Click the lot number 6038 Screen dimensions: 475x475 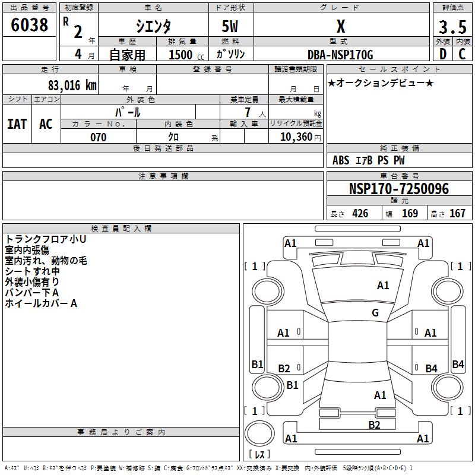(30, 25)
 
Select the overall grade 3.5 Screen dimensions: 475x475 (451, 27)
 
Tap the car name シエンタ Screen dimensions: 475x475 (153, 27)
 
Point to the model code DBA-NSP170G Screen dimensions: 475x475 (340, 55)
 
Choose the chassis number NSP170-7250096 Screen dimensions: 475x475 (398, 189)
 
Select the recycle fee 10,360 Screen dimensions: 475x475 (295, 137)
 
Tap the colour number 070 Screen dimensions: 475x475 (99, 137)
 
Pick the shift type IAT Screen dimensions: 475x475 (17, 124)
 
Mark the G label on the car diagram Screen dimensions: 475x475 (375, 313)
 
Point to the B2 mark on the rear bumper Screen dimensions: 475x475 (374, 425)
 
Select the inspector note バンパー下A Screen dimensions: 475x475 (32, 293)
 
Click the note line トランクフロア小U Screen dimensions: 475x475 (46, 239)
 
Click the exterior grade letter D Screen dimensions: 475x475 (442, 55)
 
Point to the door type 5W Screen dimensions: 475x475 (230, 27)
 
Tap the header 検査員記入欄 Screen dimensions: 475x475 (121, 229)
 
